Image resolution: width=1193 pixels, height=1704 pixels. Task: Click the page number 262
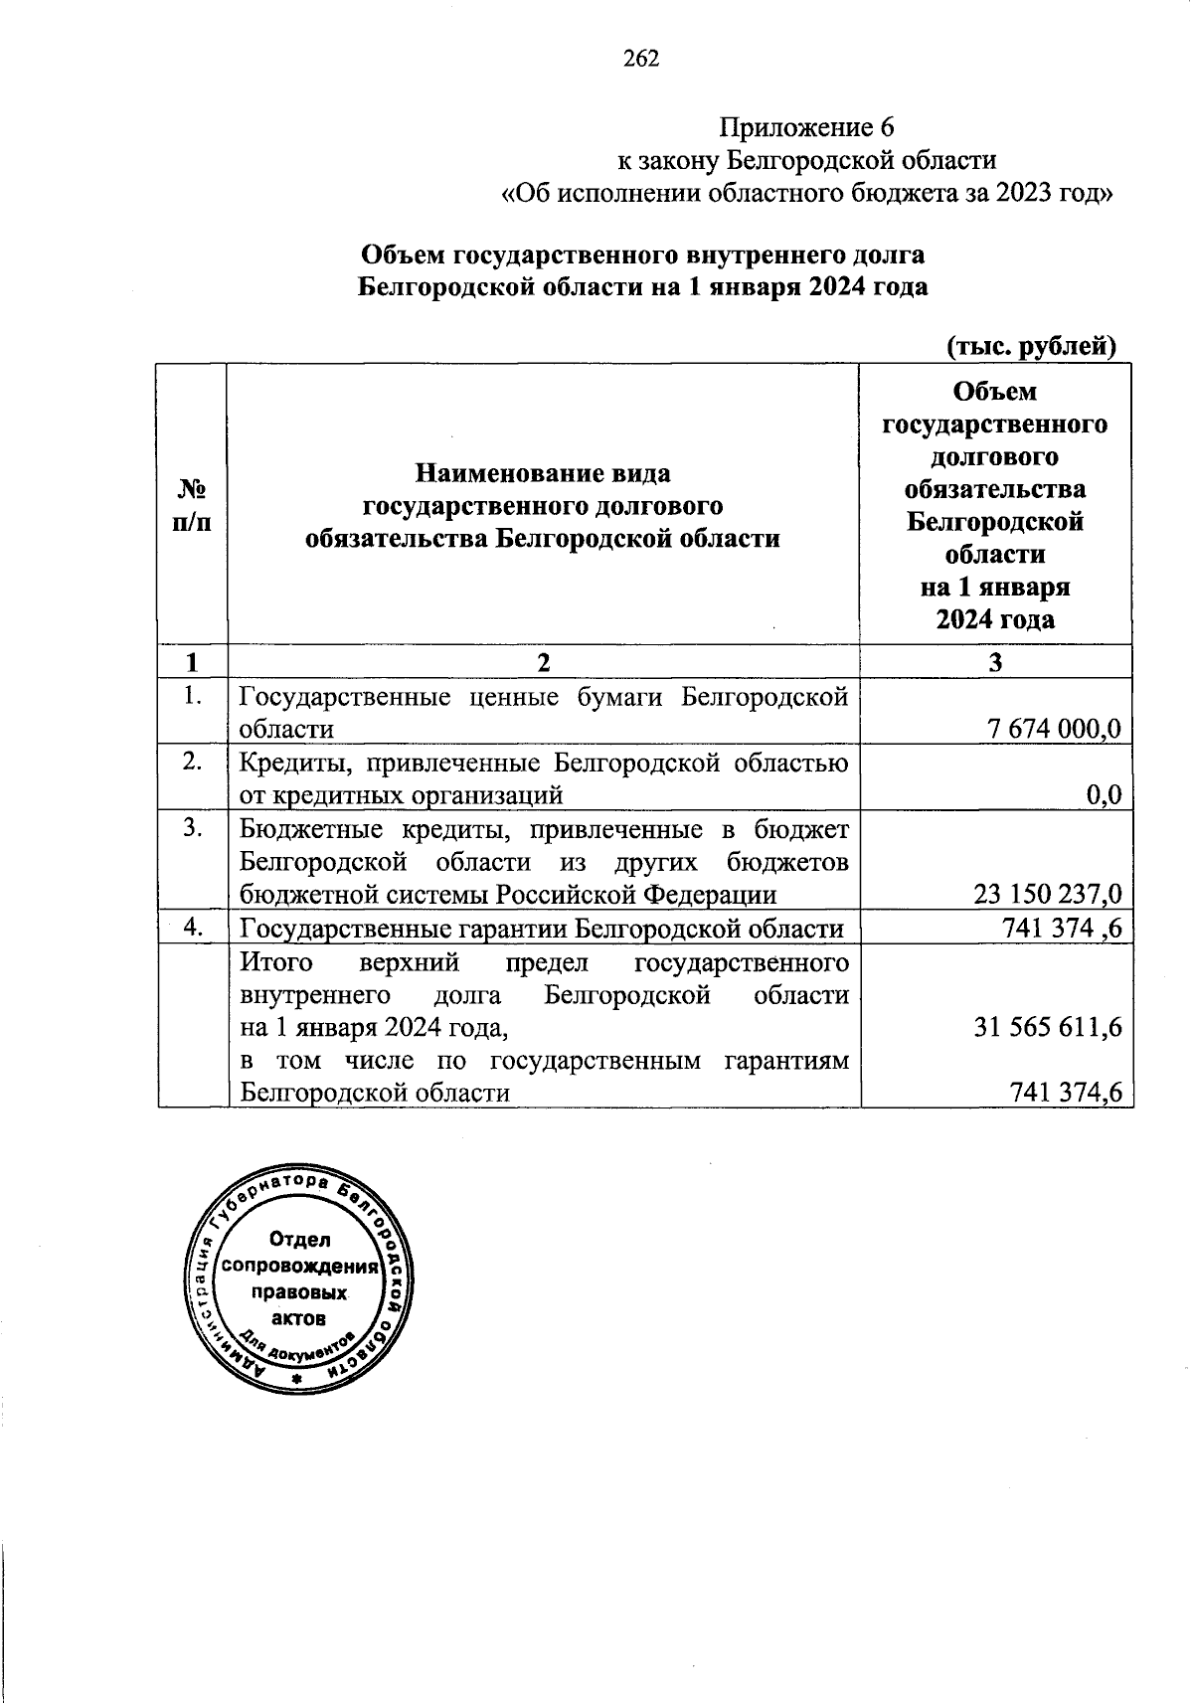point(641,59)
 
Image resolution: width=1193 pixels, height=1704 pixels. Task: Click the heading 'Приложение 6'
point(806,127)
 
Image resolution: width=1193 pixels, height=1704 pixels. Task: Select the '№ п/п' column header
point(192,505)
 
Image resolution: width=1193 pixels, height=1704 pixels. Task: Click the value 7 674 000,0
point(1053,729)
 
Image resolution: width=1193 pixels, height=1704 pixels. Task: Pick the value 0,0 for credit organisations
point(1104,794)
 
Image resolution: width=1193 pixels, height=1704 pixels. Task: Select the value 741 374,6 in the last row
point(1066,1092)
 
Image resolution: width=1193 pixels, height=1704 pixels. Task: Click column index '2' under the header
point(542,662)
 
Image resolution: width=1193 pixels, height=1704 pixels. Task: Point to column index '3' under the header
point(995,662)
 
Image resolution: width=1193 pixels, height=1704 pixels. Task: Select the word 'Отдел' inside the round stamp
point(299,1240)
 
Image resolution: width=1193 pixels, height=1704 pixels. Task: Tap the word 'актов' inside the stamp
point(298,1319)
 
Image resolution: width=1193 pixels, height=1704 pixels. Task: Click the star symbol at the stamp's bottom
point(296,1380)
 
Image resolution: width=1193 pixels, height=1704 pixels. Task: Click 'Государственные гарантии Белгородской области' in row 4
point(542,929)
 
